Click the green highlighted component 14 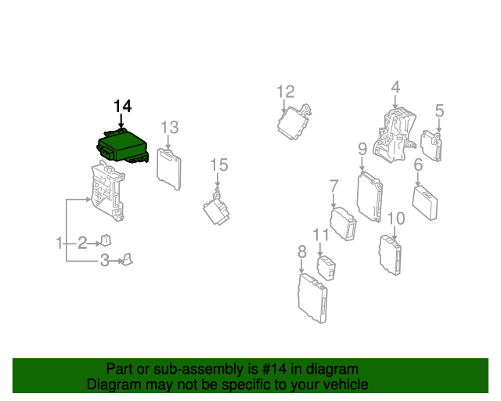[x=123, y=147]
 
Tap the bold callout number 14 [x=122, y=106]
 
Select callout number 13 [x=169, y=128]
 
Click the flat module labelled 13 [x=169, y=169]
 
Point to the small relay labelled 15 [x=217, y=208]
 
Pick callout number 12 [x=285, y=92]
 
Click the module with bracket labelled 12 [x=294, y=122]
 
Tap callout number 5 [x=439, y=110]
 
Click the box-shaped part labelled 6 [x=425, y=202]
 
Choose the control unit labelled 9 [x=369, y=197]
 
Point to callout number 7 [x=333, y=186]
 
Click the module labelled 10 [x=391, y=255]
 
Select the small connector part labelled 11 [x=326, y=268]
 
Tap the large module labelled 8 [x=312, y=298]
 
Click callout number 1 [x=59, y=243]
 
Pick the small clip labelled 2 [x=106, y=240]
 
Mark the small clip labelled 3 [x=128, y=259]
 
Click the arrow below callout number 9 [x=362, y=164]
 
